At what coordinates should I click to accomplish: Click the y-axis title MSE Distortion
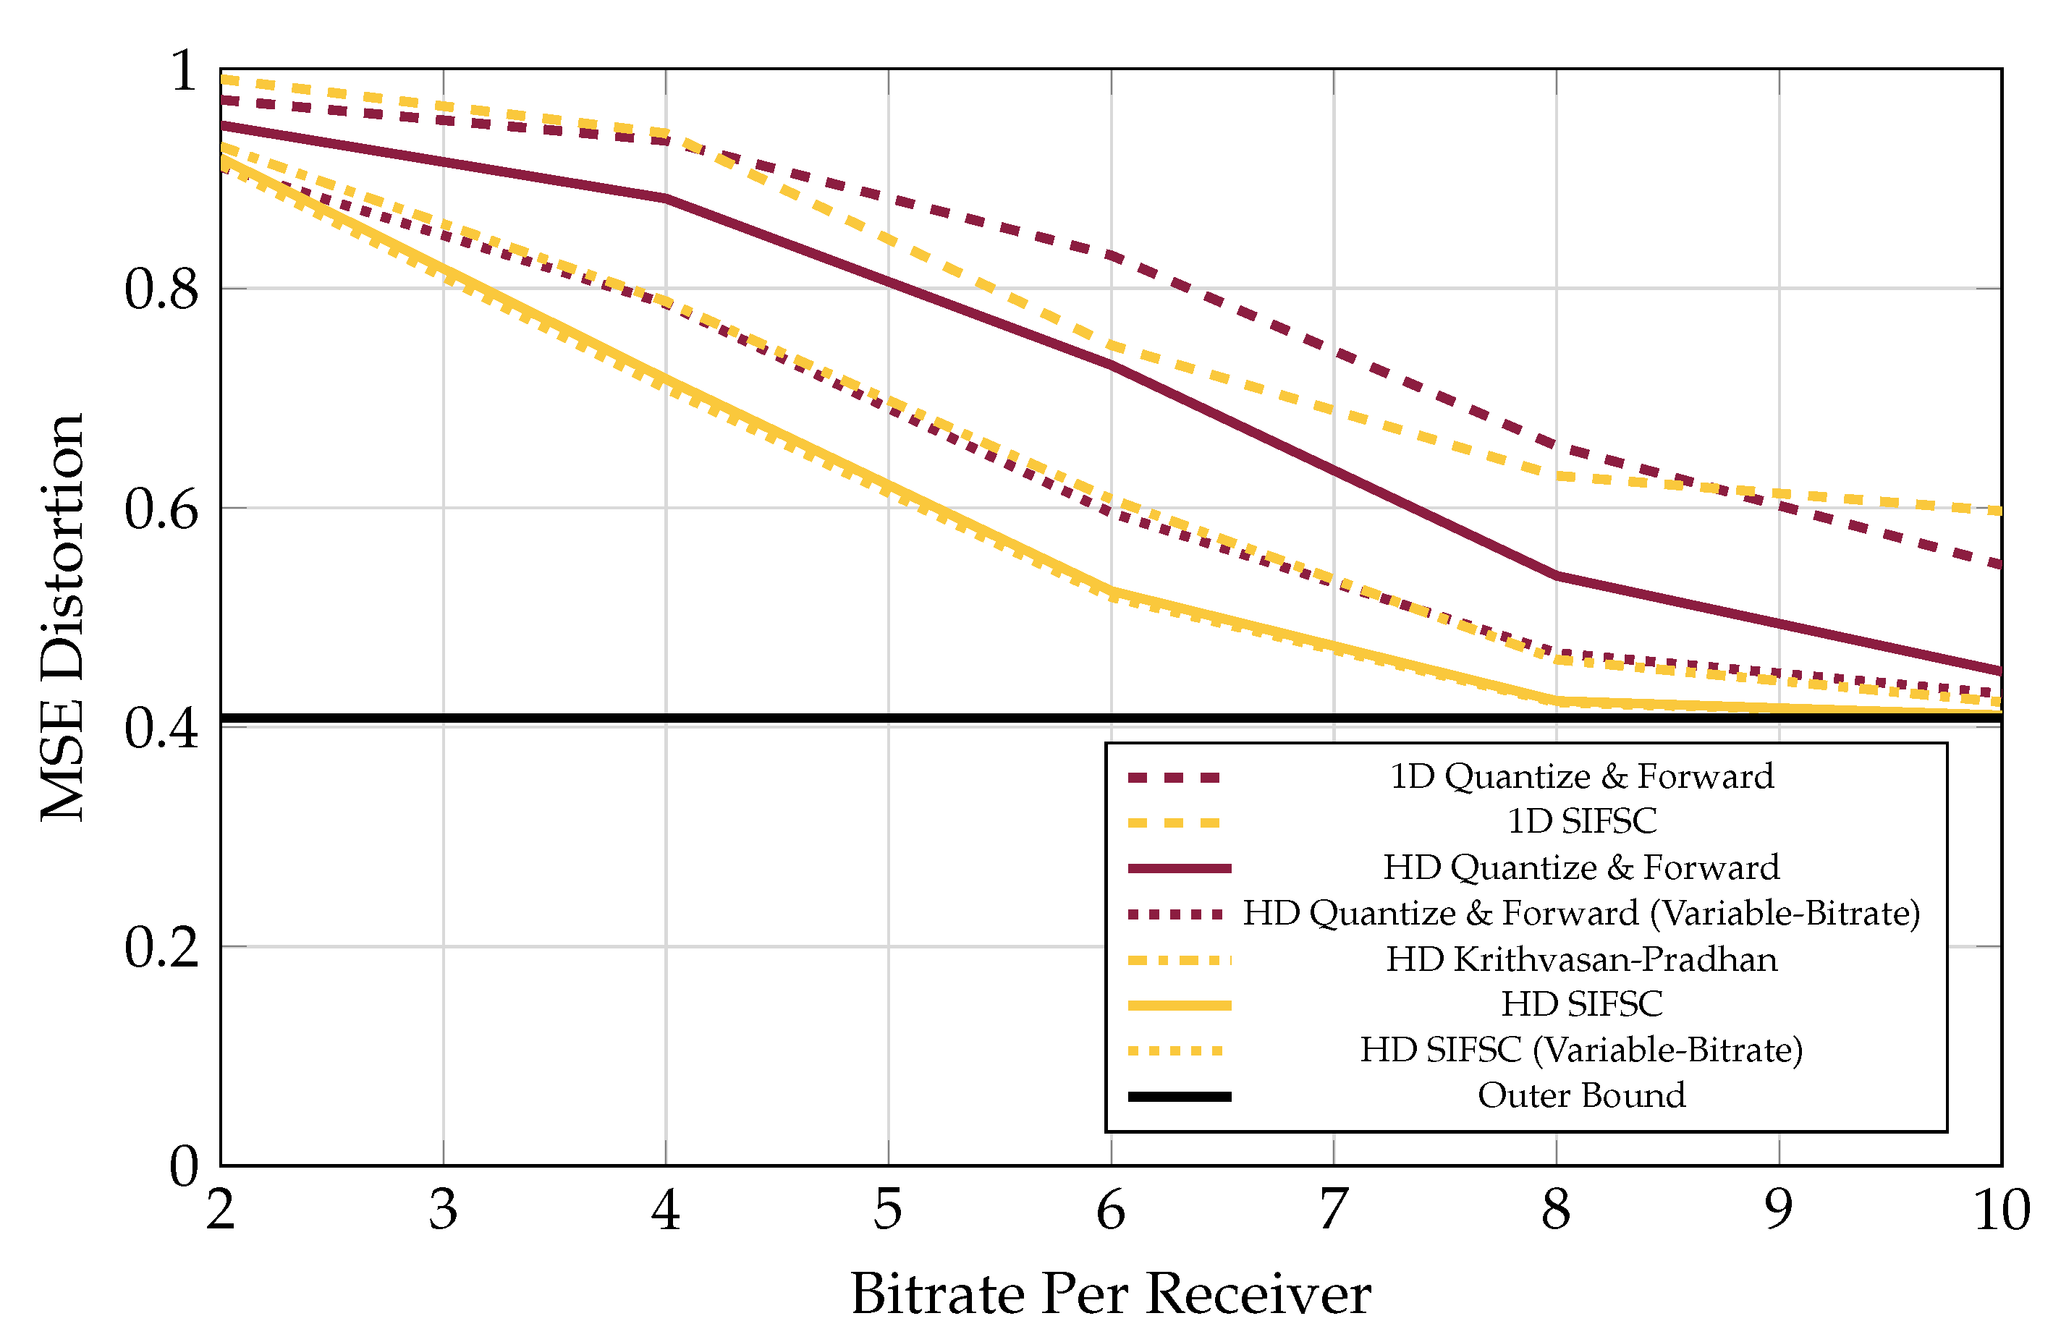62,617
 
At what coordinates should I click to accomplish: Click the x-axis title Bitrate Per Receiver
1110,1294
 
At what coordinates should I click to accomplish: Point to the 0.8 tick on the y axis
162,289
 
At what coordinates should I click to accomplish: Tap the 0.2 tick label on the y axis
162,946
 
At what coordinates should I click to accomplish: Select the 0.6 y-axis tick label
162,509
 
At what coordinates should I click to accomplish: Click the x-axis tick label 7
1333,1210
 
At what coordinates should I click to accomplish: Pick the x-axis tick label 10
2000,1210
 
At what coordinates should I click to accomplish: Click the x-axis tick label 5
888,1210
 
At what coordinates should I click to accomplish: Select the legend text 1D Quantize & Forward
1581,776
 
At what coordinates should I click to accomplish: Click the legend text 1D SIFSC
1581,821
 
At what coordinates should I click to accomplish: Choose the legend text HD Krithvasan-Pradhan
1581,959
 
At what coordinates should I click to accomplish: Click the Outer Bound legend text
1581,1095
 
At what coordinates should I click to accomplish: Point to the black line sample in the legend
1179,1096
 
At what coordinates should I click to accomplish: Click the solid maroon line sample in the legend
1179,867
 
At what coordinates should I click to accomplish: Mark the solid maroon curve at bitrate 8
1556,576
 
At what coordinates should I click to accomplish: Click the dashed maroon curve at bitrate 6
1111,255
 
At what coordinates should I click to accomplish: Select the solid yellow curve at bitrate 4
665,378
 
